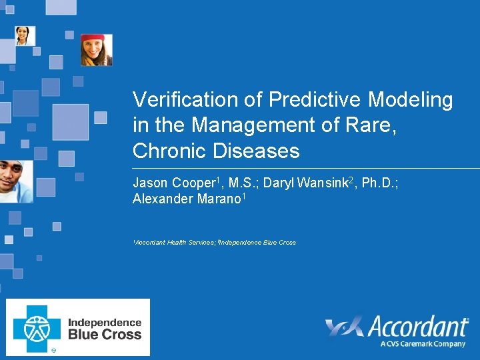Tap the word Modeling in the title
click(411, 100)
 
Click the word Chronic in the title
click(170, 151)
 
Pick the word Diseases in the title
click(257, 151)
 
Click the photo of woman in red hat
click(97, 50)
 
